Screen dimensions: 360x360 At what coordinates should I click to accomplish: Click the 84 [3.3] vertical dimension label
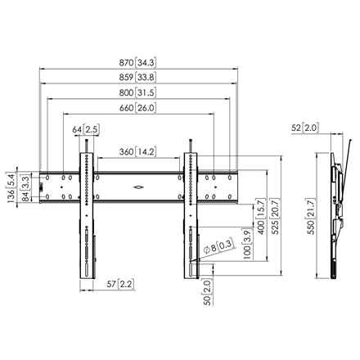point(26,188)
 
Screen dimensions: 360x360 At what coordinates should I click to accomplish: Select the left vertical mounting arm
point(87,214)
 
